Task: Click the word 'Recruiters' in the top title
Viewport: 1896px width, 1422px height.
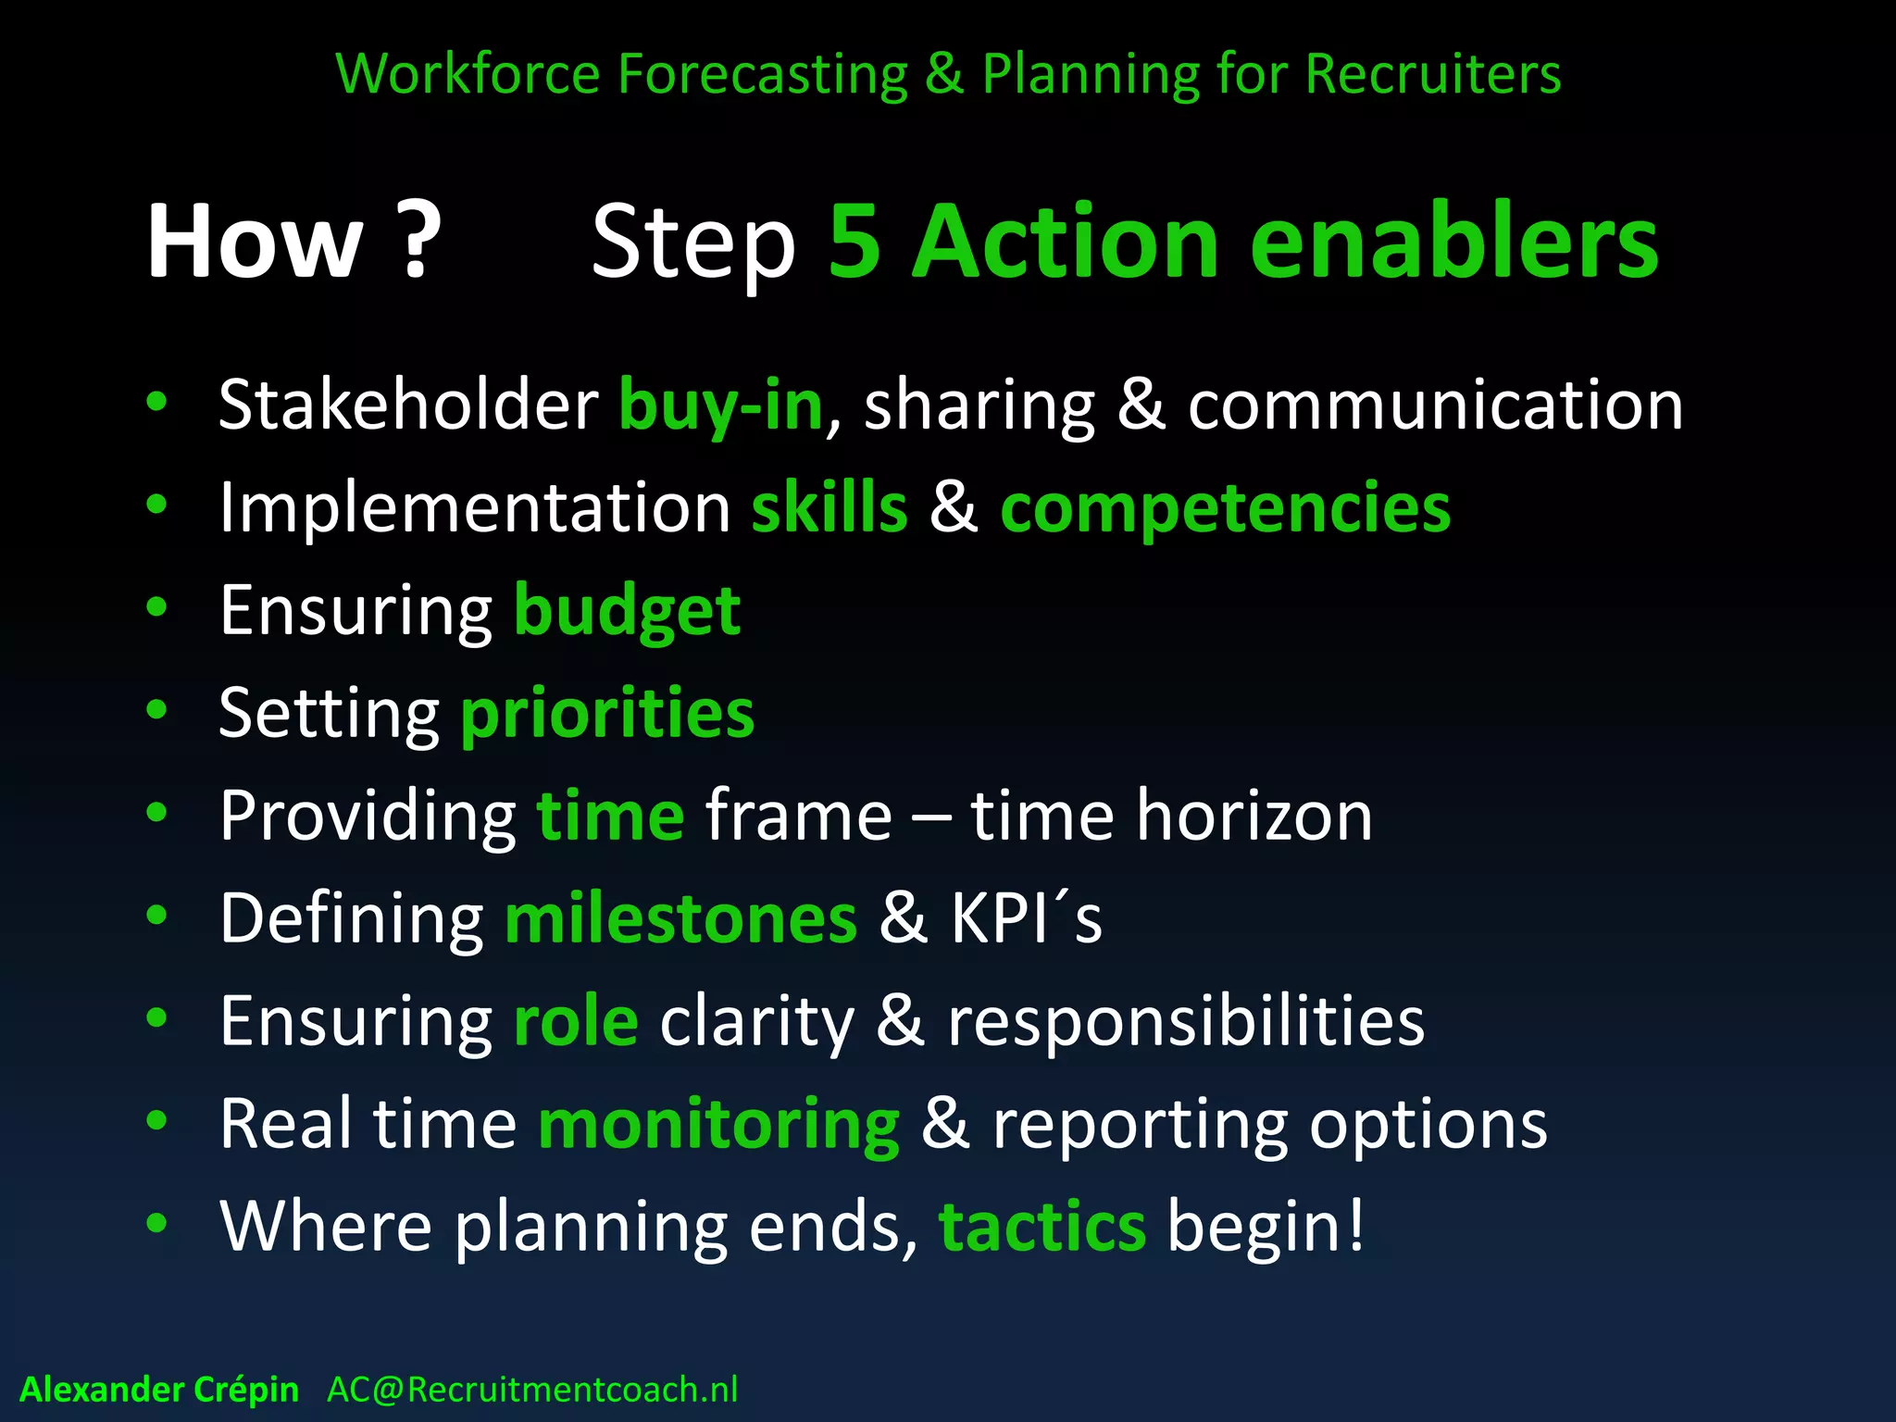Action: click(1432, 74)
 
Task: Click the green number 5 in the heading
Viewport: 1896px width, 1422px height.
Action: click(854, 243)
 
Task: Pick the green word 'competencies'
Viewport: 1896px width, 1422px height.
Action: click(1225, 508)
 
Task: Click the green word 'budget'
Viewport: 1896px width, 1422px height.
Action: click(627, 611)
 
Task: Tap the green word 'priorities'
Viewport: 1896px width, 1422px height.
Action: click(607, 714)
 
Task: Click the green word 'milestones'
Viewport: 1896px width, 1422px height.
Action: click(680, 919)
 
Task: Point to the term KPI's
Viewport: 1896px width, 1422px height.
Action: click(1026, 919)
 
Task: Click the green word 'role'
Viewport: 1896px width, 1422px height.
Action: click(575, 1022)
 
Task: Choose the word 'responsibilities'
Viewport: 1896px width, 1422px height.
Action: click(1186, 1022)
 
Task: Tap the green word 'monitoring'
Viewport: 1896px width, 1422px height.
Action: click(718, 1125)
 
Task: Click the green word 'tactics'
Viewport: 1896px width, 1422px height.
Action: click(1042, 1228)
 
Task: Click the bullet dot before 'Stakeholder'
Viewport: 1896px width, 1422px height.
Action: click(156, 402)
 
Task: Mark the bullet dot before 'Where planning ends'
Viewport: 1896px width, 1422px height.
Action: click(156, 1223)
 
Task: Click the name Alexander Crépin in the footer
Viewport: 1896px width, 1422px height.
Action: click(159, 1390)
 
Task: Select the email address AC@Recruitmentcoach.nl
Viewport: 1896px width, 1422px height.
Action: click(532, 1390)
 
